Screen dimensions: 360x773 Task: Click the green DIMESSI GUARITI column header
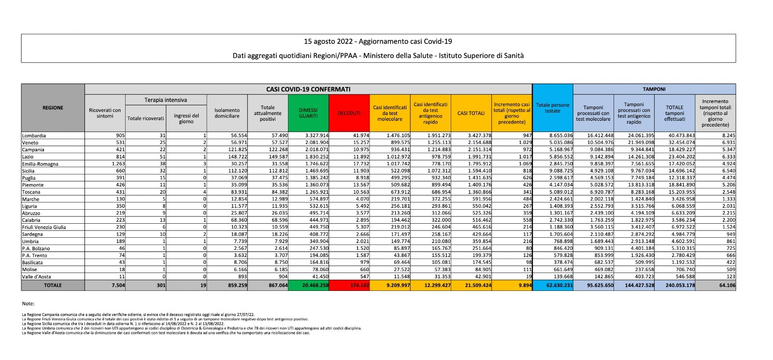click(x=308, y=113)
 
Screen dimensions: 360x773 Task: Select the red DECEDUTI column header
click(x=349, y=113)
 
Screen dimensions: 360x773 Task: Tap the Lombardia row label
click(x=34, y=136)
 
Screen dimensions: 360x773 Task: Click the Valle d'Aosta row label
click(x=37, y=276)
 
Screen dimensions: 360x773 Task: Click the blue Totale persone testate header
click(x=552, y=108)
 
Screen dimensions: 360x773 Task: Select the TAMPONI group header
click(x=654, y=89)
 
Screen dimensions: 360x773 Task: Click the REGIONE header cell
click(x=53, y=108)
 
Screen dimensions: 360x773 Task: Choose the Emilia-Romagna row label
click(x=40, y=164)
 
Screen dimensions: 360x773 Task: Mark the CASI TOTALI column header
click(x=471, y=113)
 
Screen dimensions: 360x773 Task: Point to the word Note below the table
click(x=28, y=303)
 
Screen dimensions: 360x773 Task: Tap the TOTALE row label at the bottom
click(x=53, y=286)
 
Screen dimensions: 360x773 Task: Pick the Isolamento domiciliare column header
click(x=227, y=113)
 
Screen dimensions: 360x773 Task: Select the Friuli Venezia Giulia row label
click(x=44, y=227)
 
